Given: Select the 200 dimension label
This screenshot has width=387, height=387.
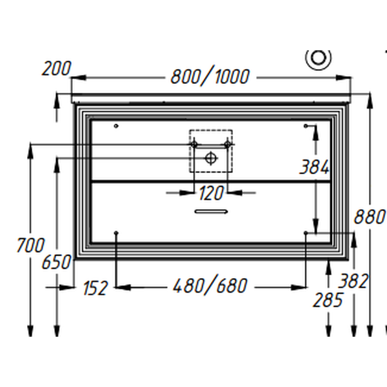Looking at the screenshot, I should [57, 68].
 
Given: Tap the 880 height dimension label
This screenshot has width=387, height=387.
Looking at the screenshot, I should [369, 217].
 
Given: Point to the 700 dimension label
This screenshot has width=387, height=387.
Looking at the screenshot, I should [30, 245].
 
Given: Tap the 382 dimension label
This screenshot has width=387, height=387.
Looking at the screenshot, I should [353, 281].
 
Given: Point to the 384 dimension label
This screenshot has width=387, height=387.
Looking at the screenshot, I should [315, 167].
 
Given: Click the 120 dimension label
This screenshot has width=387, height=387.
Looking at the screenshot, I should [210, 192].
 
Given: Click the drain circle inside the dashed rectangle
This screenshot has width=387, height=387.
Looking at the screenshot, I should [211, 157].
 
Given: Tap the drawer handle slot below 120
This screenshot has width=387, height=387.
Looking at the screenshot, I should [211, 210].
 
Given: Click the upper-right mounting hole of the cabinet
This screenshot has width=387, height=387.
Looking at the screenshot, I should [306, 126].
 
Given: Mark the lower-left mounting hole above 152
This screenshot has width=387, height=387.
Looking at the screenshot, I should [115, 232].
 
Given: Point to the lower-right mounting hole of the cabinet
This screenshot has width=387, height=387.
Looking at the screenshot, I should [306, 232].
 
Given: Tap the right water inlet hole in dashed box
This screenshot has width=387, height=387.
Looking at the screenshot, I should [227, 144].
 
